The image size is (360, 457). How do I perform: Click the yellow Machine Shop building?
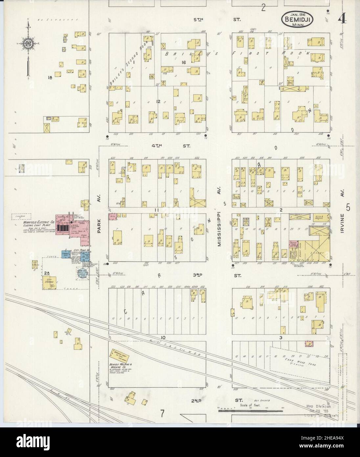[120, 355]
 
